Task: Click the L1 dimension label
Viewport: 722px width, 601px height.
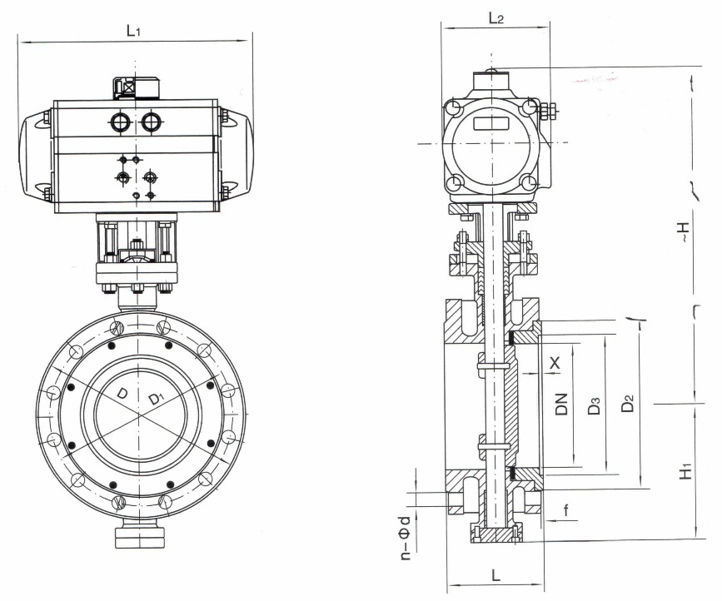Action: tap(132, 31)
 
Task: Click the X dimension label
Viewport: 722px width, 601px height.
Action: tap(555, 363)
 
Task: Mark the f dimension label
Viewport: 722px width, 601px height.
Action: tap(566, 509)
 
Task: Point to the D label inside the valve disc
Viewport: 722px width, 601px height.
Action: tap(122, 392)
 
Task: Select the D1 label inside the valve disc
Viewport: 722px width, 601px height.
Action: tap(155, 399)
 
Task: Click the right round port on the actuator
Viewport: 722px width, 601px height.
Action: tap(151, 122)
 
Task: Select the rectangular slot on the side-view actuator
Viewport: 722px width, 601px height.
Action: tap(492, 123)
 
